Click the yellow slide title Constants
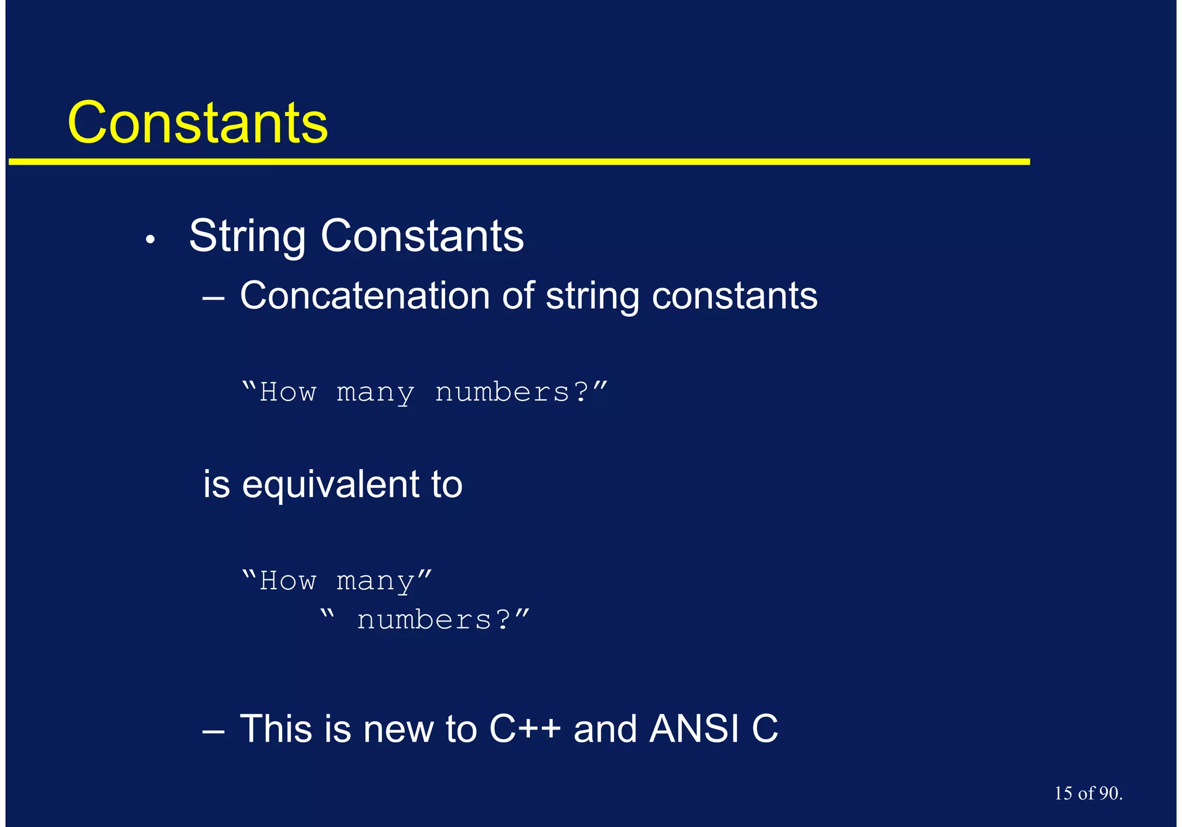pyautogui.click(x=197, y=122)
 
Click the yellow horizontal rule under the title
pyautogui.click(x=519, y=162)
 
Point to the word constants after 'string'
pyautogui.click(x=734, y=297)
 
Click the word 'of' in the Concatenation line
pyautogui.click(x=518, y=295)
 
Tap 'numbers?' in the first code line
pyautogui.click(x=511, y=392)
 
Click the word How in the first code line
pyautogui.click(x=288, y=392)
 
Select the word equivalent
pyautogui.click(x=331, y=485)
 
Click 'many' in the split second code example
pyautogui.click(x=375, y=581)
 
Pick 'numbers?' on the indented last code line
pyautogui.click(x=433, y=620)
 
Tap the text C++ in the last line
pyautogui.click(x=525, y=729)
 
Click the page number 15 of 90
pyautogui.click(x=1088, y=794)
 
